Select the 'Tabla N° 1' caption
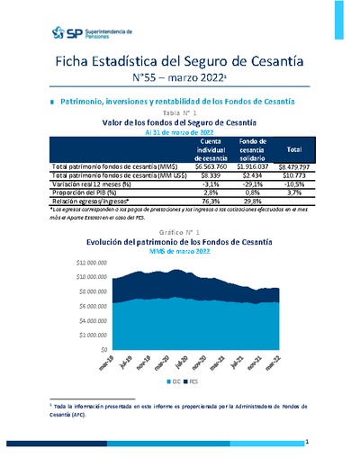coord(181,112)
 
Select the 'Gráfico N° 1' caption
coord(181,232)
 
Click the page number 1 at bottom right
coord(308,443)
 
